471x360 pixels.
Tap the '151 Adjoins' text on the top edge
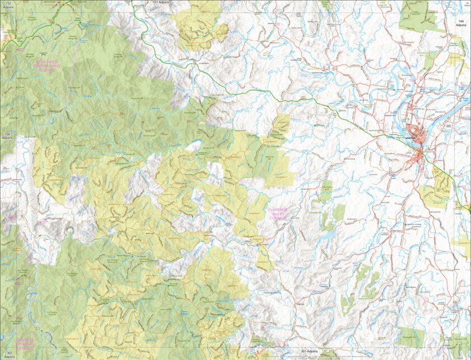click(x=161, y=3)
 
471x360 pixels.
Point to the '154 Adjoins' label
click(x=7, y=136)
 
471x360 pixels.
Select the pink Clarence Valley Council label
click(x=278, y=213)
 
